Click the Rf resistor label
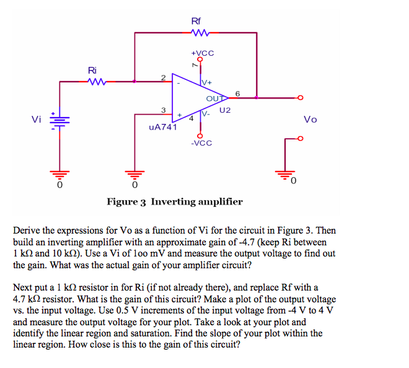tap(196, 21)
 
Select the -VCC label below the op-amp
tap(201, 143)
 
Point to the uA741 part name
tap(163, 128)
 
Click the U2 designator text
tap(224, 110)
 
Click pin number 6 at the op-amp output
tap(238, 93)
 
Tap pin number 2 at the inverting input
tap(162, 77)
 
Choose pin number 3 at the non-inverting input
tap(163, 110)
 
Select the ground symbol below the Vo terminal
tap(286, 173)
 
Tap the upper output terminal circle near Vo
tap(301, 97)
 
